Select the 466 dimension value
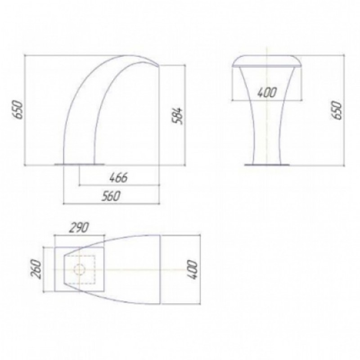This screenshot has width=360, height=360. click(119, 178)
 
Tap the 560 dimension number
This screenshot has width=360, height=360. click(111, 196)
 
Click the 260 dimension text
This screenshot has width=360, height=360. click(37, 269)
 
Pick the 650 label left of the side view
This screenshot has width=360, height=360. click(18, 110)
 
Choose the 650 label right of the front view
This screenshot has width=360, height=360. click(337, 110)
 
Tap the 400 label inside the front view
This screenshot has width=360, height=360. click(266, 92)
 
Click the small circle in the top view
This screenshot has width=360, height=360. click(80, 269)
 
